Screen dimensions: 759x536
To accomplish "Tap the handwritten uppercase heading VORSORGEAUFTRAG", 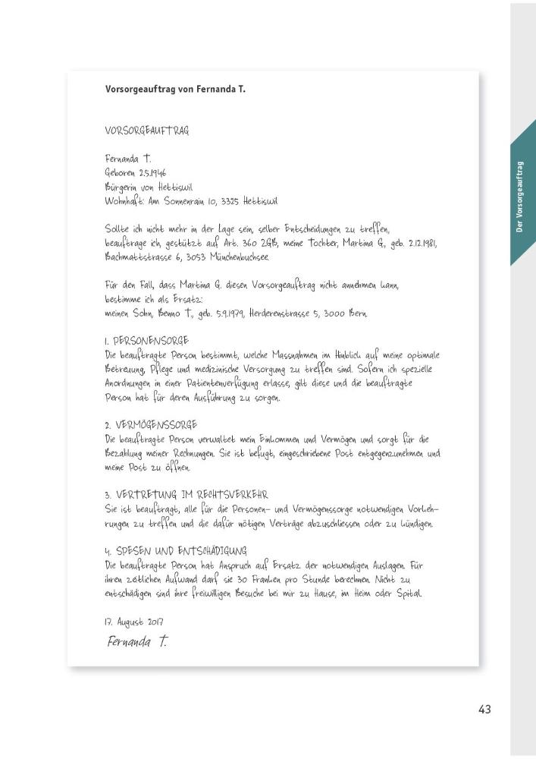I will click(x=147, y=130).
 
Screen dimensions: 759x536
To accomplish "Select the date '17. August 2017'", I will click(x=134, y=620).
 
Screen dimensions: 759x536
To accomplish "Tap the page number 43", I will click(x=485, y=709).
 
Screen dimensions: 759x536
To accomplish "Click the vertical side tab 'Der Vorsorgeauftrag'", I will click(x=522, y=197).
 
